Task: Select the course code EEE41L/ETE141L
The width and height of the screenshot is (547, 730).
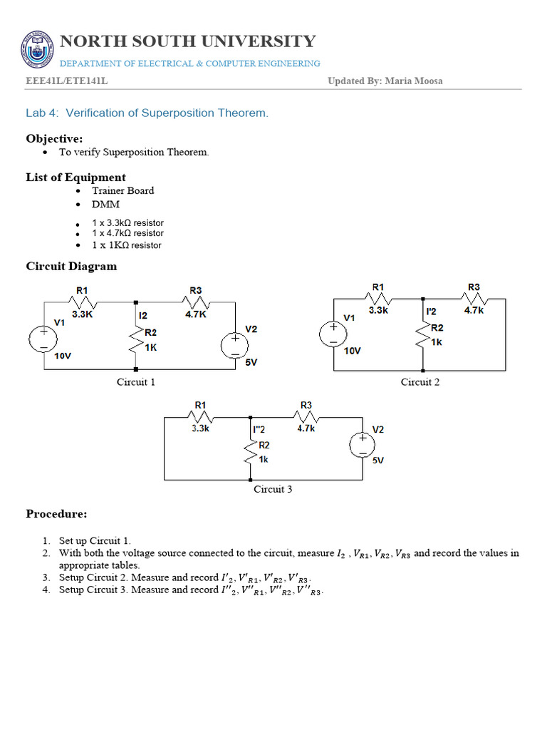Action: (67, 81)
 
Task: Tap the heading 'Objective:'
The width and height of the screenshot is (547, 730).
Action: (55, 138)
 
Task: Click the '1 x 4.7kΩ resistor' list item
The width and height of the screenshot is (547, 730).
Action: (127, 233)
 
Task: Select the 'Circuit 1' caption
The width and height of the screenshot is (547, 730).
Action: (136, 382)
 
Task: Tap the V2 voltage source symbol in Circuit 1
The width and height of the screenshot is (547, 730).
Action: (234, 344)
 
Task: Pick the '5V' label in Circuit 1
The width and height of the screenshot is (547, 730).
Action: (251, 362)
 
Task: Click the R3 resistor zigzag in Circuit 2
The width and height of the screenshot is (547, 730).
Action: (474, 299)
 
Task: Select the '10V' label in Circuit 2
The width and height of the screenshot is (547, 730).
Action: (353, 351)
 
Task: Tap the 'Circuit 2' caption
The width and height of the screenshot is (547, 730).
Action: (420, 382)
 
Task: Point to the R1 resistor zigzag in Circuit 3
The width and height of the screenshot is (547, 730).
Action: (202, 416)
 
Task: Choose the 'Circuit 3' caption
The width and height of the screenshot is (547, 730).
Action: (273, 490)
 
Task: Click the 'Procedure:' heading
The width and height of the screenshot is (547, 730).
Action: (57, 513)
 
